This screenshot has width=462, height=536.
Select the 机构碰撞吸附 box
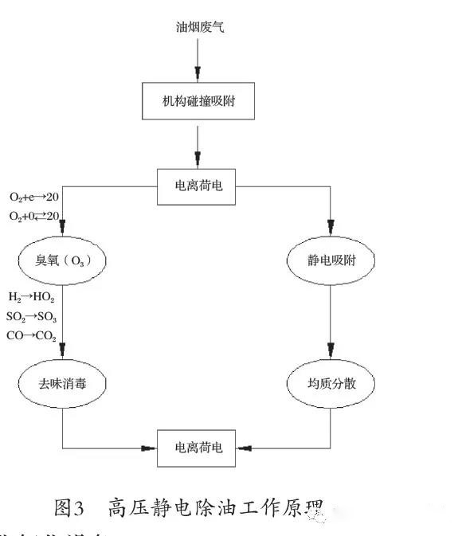[x=196, y=102]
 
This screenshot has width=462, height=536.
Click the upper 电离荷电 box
[x=196, y=186]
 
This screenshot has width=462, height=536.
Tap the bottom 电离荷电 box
[x=196, y=448]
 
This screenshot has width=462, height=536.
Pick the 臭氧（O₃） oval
[x=63, y=261]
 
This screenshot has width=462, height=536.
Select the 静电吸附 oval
[x=330, y=261]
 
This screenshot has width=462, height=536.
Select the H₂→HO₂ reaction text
[x=31, y=296]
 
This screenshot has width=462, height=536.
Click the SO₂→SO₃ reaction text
[x=32, y=316]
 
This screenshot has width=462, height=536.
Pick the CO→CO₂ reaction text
[x=32, y=336]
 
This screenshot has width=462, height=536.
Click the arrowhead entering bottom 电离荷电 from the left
[x=150, y=448]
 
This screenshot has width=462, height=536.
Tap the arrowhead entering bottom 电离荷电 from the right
[x=242, y=448]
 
